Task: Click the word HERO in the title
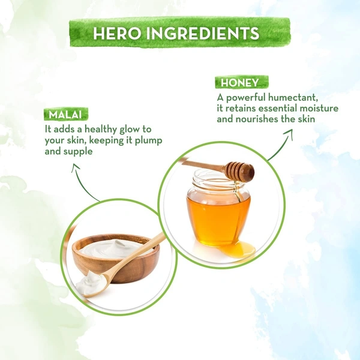[x=117, y=34]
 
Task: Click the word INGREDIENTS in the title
[x=203, y=34]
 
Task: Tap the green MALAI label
[x=66, y=114]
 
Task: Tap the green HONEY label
[x=242, y=82]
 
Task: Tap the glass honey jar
[x=218, y=208]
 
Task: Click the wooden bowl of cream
[x=116, y=258]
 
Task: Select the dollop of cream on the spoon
[x=90, y=283]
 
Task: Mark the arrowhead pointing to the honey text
[x=289, y=133]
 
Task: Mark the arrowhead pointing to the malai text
[x=76, y=167]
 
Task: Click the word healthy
[x=101, y=130]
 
